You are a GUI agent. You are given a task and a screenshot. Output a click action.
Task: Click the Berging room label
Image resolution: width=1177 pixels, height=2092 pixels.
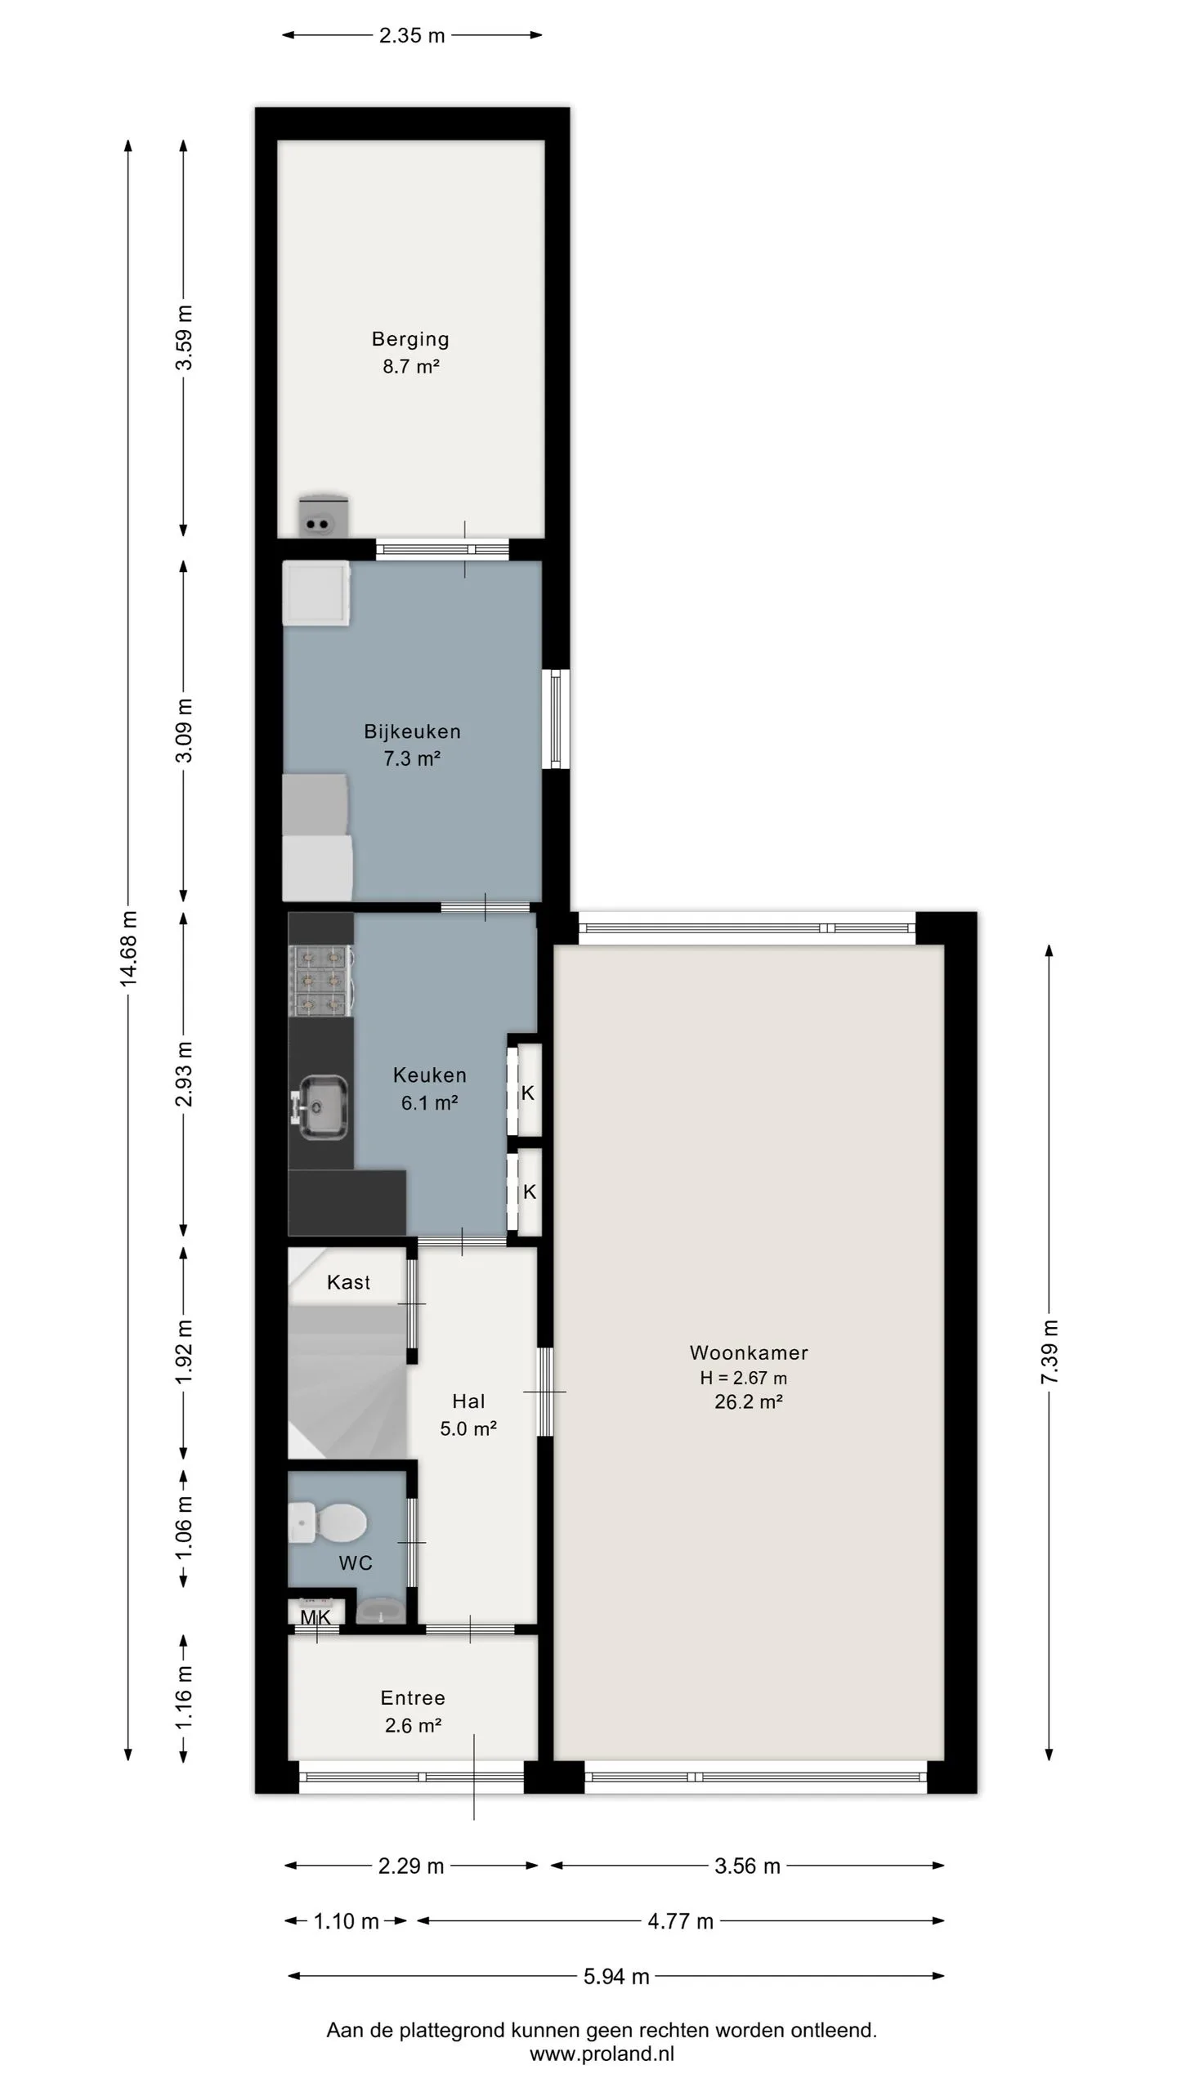tap(410, 338)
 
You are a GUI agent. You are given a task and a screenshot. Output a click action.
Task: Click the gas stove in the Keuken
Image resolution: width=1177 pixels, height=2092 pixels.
tap(321, 981)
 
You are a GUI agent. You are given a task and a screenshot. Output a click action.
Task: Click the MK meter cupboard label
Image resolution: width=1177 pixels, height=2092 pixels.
tap(316, 1616)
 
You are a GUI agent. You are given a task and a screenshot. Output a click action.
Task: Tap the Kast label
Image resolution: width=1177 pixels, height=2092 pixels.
tap(348, 1282)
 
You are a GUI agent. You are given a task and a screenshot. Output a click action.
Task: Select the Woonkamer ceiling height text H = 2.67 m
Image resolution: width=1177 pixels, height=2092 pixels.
tap(743, 1378)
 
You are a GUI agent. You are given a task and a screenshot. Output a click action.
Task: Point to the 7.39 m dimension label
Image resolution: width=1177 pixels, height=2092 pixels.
tap(1049, 1352)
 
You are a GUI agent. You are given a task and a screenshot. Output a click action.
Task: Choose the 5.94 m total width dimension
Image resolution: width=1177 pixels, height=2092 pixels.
tap(616, 1976)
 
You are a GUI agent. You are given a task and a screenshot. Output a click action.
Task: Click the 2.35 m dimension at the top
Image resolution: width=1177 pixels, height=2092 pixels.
tap(412, 35)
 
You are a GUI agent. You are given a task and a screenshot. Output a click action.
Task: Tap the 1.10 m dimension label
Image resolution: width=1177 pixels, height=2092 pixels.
tap(346, 1920)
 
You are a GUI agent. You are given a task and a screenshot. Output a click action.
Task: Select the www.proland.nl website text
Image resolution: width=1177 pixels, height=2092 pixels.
tap(602, 2054)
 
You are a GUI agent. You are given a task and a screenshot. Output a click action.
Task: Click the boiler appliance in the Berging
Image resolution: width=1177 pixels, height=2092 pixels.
tap(324, 516)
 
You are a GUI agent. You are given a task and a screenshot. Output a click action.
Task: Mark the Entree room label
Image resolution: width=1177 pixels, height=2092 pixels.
tap(413, 1697)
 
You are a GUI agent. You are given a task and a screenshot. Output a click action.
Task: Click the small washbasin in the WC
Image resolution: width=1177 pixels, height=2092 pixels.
tap(381, 1610)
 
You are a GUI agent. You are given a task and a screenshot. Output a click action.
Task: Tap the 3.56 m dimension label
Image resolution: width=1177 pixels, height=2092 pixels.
tap(747, 1866)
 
